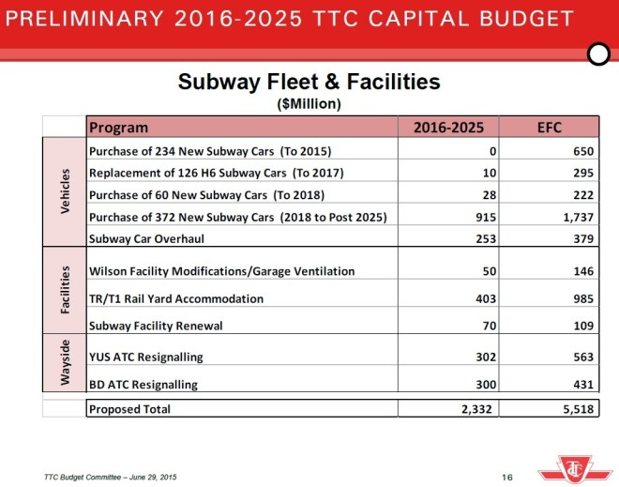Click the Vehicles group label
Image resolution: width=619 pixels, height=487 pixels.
(65, 192)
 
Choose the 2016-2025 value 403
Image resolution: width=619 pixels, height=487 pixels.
(484, 298)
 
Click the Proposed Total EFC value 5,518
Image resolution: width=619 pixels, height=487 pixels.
(576, 409)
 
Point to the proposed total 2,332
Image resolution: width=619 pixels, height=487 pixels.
(477, 409)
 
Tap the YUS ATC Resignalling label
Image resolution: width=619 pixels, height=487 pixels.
(145, 358)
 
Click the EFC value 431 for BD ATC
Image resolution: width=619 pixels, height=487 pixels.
(583, 385)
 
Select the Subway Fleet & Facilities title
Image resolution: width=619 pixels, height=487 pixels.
(309, 83)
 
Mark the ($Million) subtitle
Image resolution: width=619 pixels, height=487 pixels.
(309, 103)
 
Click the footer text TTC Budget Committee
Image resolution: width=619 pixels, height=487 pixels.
(110, 477)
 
